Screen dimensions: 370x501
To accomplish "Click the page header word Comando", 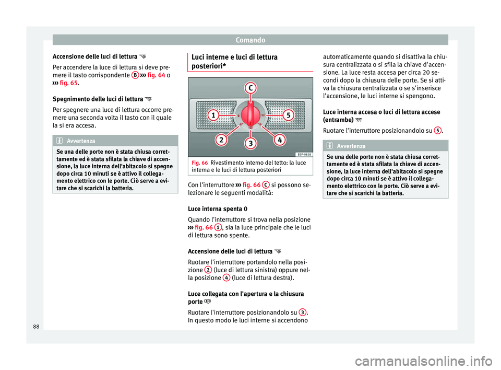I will click(x=250, y=39).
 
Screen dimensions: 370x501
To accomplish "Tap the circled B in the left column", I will click(x=135, y=75).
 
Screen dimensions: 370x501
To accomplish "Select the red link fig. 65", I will click(x=67, y=84).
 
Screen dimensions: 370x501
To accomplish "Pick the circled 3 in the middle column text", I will click(x=303, y=312).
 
